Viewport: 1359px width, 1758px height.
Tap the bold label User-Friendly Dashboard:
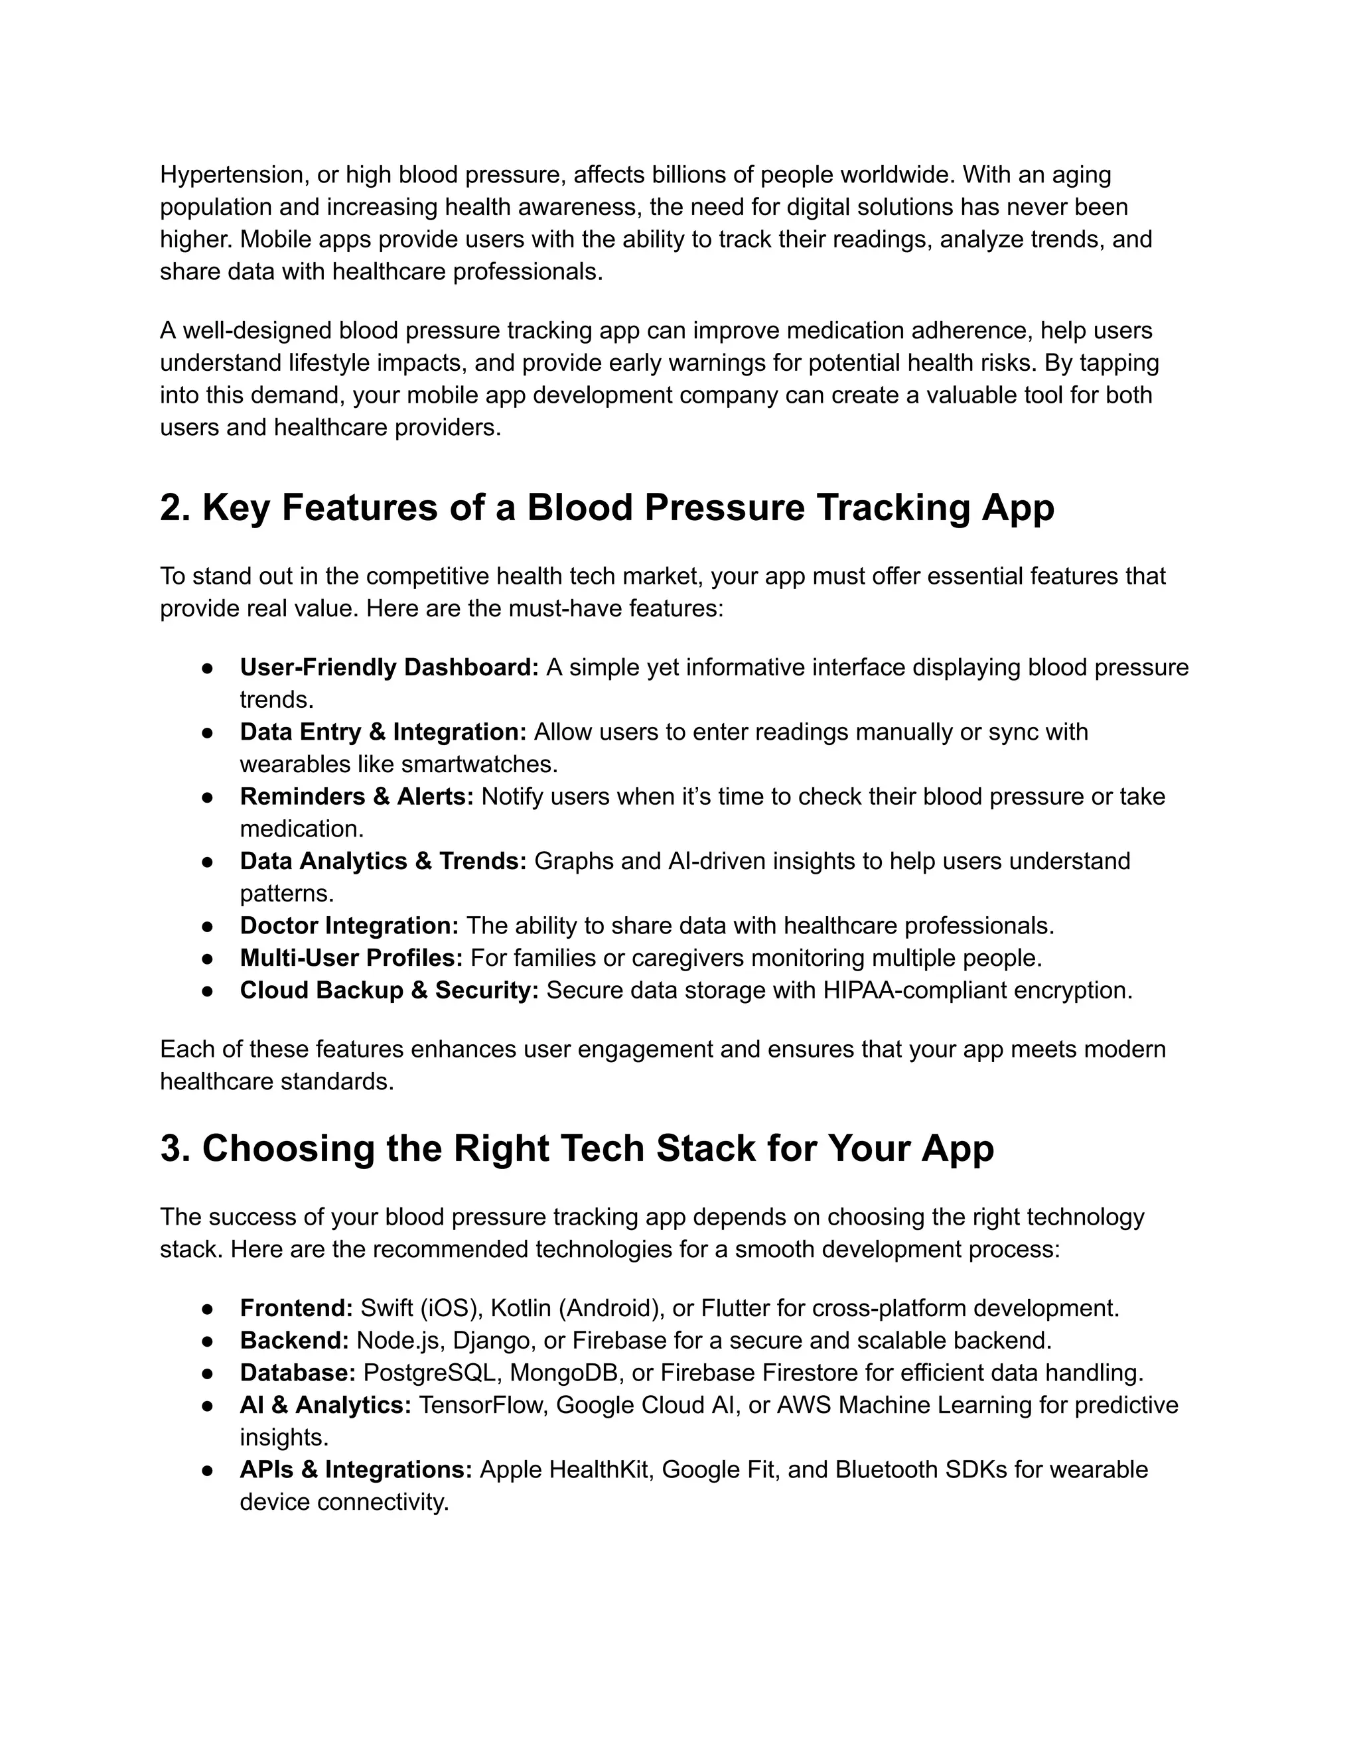coord(389,667)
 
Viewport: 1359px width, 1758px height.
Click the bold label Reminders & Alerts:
coord(356,796)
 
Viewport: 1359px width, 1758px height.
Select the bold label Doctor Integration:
coord(348,925)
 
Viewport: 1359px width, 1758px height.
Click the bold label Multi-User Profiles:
coord(351,958)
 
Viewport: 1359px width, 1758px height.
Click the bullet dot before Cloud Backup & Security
coord(207,991)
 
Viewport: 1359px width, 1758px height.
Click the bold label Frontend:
coord(296,1308)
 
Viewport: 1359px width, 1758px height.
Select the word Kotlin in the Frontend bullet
coord(521,1308)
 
